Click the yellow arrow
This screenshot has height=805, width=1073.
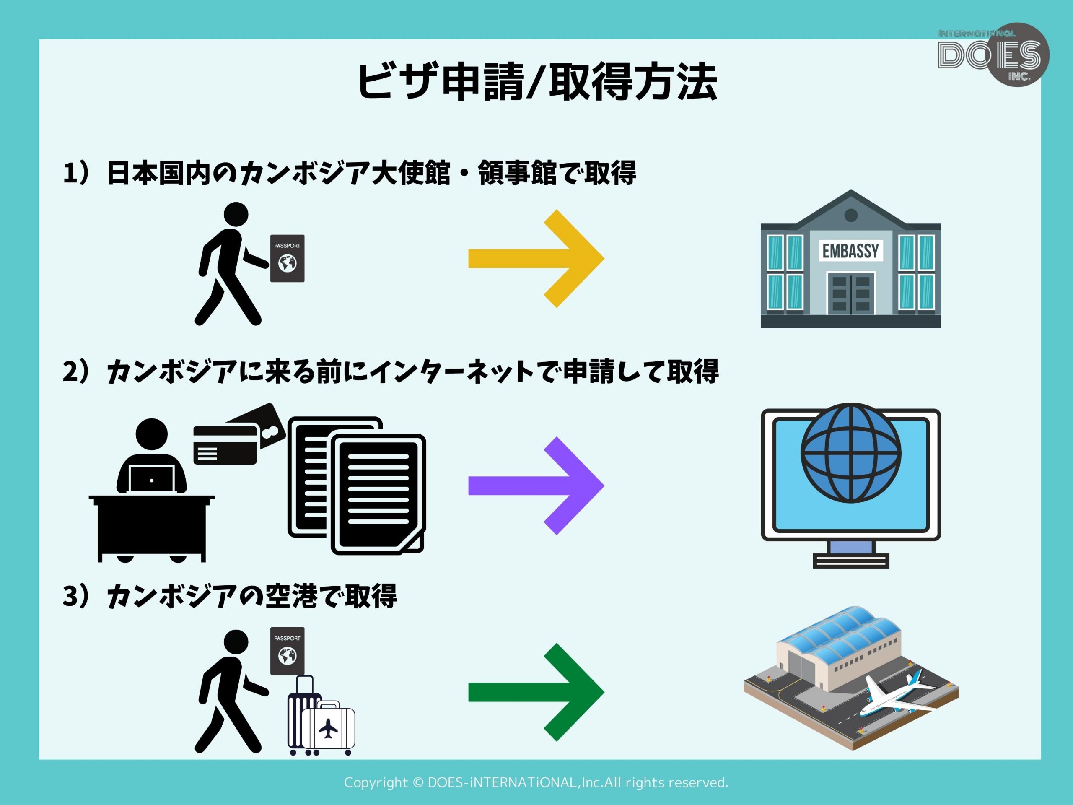[536, 259]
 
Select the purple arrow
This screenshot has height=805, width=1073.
[536, 485]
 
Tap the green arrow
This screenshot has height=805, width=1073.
[536, 693]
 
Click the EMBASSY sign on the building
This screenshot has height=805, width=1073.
[850, 251]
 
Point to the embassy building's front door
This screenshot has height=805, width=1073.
[851, 293]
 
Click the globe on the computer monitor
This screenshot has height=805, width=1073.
[851, 453]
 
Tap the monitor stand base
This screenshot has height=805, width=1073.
[851, 561]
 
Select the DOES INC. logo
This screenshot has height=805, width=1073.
[993, 55]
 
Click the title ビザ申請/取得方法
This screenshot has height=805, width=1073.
[537, 81]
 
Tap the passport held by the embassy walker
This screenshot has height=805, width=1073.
[287, 258]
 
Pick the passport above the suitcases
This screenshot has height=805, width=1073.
[287, 651]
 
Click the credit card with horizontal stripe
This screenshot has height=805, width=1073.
[225, 444]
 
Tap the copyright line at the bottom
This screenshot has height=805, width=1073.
[536, 783]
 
